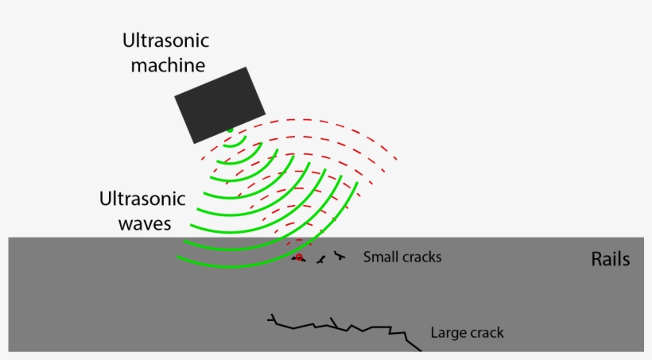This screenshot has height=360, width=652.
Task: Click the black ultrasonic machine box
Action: tap(219, 105)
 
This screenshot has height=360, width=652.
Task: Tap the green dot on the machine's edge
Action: tap(230, 130)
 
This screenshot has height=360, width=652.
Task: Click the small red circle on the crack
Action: tap(299, 257)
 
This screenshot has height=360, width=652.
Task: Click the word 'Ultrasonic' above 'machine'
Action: tap(165, 40)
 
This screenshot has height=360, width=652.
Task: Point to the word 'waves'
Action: tap(145, 223)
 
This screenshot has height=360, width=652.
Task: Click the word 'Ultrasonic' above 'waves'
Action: tap(142, 199)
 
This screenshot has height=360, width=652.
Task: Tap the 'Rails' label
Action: tap(611, 259)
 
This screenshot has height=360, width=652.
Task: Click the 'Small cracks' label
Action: tap(402, 257)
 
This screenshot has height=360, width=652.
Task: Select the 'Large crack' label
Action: tap(467, 332)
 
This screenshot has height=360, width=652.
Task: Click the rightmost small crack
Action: tap(340, 255)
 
